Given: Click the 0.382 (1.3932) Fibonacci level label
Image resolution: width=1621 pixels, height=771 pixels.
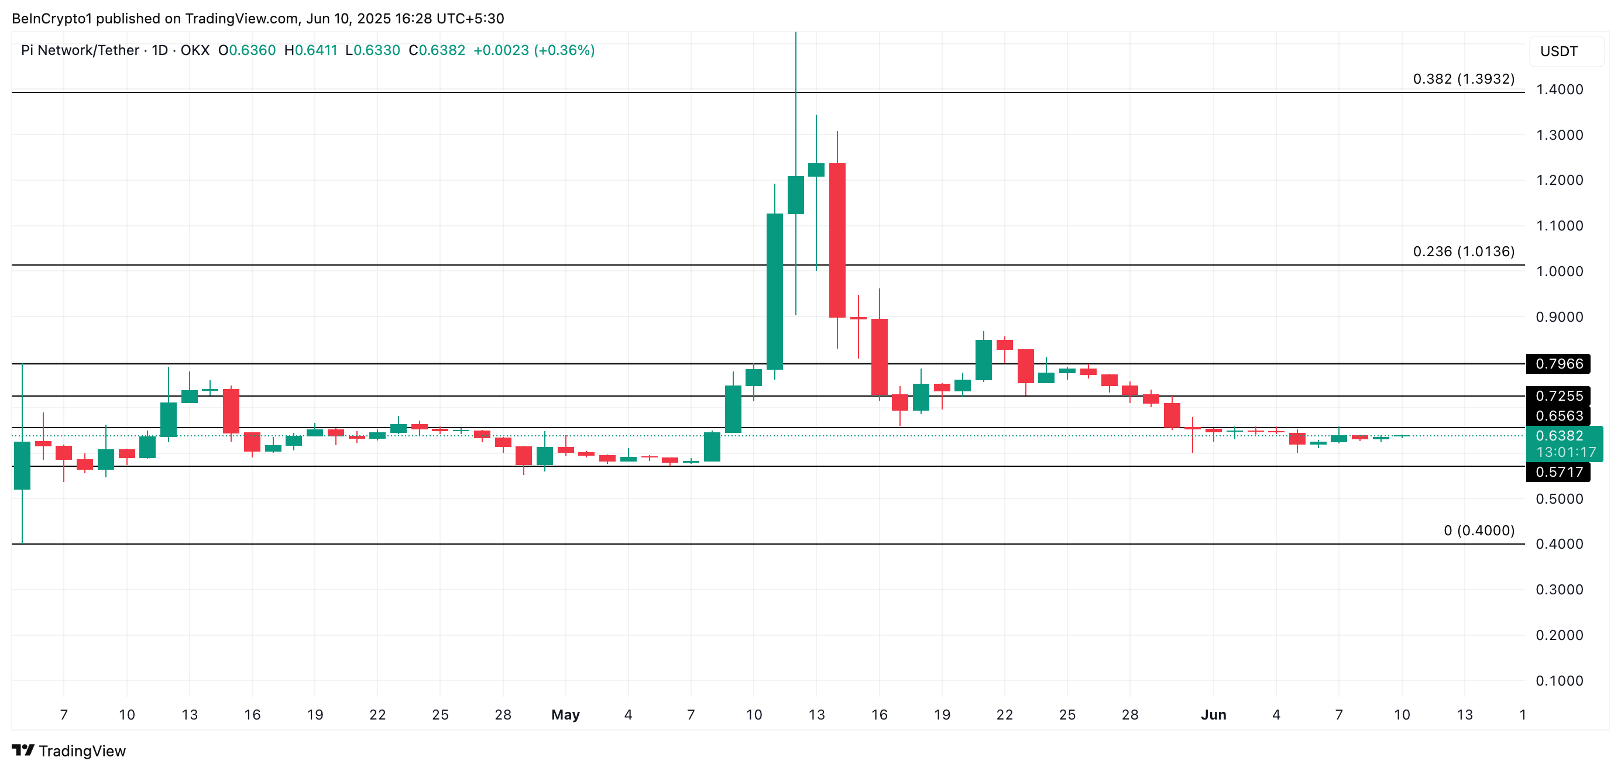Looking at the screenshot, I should (x=1463, y=79).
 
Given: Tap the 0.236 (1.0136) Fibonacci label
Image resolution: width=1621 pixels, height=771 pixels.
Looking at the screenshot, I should (x=1463, y=252).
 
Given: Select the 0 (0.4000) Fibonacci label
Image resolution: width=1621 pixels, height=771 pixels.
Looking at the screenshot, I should (x=1479, y=531).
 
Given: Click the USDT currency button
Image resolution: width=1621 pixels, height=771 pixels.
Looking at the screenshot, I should (x=1559, y=51).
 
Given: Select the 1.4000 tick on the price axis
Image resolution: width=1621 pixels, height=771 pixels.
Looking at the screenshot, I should (x=1559, y=90).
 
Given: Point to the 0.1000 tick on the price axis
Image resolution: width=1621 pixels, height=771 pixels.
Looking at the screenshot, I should (x=1559, y=681).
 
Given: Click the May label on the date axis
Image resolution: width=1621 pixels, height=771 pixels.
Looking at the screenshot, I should (x=565, y=715).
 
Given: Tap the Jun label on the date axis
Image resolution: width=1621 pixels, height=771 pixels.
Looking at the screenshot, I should (x=1213, y=715).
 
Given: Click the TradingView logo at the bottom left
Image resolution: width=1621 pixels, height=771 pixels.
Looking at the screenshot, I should (x=69, y=751).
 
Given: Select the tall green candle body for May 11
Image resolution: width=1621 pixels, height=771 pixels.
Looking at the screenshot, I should (x=775, y=291).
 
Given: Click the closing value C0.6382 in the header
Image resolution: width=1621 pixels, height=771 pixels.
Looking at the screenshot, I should (x=437, y=50).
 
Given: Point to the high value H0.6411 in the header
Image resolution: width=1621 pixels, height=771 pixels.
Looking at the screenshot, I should (x=311, y=50).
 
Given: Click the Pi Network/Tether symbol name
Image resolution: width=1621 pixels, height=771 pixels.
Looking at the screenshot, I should (x=80, y=50).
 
